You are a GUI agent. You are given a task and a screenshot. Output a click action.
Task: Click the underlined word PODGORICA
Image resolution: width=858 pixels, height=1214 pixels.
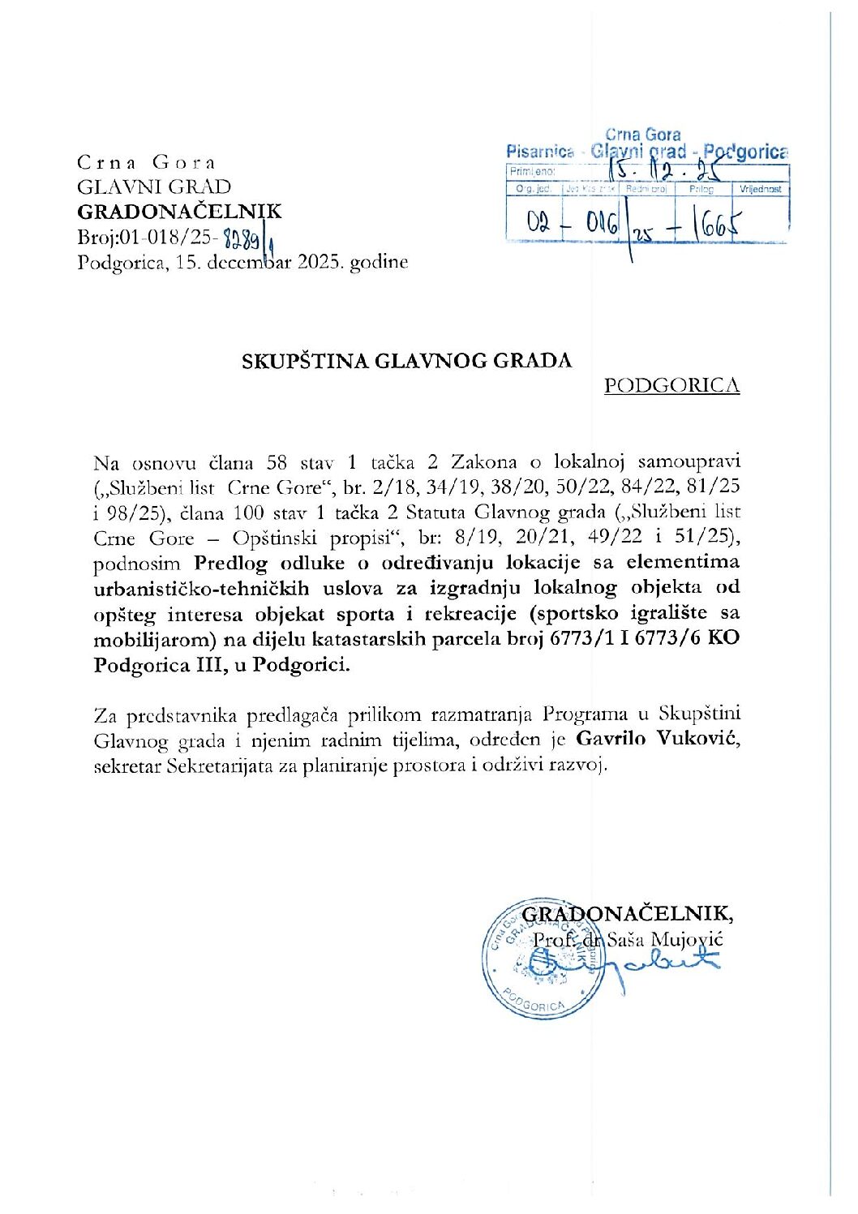point(671,385)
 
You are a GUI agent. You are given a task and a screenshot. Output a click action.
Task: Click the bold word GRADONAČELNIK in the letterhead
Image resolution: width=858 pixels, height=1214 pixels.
point(179,212)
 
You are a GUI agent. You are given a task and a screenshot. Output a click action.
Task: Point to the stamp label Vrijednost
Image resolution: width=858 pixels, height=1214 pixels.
point(760,189)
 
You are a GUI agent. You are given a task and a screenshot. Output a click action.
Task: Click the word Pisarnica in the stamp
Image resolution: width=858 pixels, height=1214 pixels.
point(540,151)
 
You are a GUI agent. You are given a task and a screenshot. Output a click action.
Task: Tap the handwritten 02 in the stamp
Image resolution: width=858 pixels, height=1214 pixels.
point(538,222)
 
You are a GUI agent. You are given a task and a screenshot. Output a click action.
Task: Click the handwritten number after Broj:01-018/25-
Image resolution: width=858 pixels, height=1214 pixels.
point(243,238)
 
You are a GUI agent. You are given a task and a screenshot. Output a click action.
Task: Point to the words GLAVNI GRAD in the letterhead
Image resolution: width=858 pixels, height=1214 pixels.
point(154,187)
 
